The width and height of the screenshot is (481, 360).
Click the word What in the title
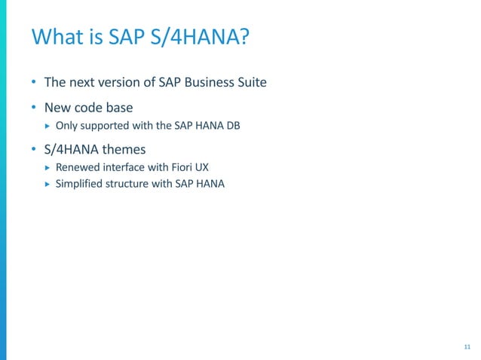click(x=54, y=37)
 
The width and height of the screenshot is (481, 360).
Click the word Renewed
click(x=76, y=167)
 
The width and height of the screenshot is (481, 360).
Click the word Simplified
click(x=79, y=183)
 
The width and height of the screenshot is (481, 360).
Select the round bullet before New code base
click(x=33, y=108)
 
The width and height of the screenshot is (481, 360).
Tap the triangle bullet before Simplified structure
click(x=47, y=183)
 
